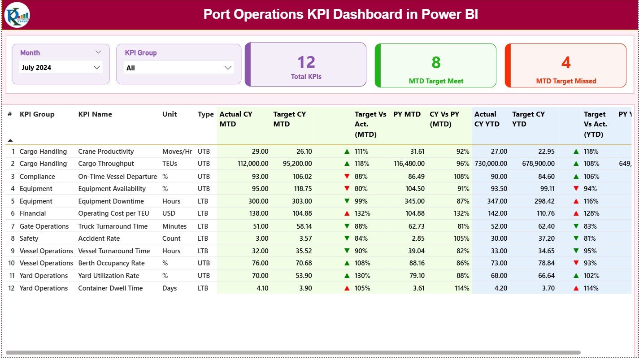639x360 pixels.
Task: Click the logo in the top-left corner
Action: pyautogui.click(x=17, y=15)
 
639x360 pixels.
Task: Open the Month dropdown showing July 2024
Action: pyautogui.click(x=61, y=68)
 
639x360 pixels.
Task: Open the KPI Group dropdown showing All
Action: pyautogui.click(x=178, y=68)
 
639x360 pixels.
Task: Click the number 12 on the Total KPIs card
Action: pyautogui.click(x=306, y=62)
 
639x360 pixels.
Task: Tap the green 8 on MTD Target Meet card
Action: pyautogui.click(x=436, y=62)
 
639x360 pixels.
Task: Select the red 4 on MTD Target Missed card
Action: pyautogui.click(x=566, y=62)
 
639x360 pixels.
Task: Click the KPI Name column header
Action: pyautogui.click(x=95, y=114)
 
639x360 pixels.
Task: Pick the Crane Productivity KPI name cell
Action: pyautogui.click(x=106, y=152)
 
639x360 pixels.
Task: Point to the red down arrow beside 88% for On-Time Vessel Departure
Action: pyautogui.click(x=347, y=177)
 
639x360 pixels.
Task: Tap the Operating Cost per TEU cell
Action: pyautogui.click(x=113, y=213)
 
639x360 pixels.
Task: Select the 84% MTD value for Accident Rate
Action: pyautogui.click(x=361, y=239)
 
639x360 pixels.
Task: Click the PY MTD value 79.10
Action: pyautogui.click(x=415, y=276)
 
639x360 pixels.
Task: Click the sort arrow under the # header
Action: pyautogui.click(x=10, y=140)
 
